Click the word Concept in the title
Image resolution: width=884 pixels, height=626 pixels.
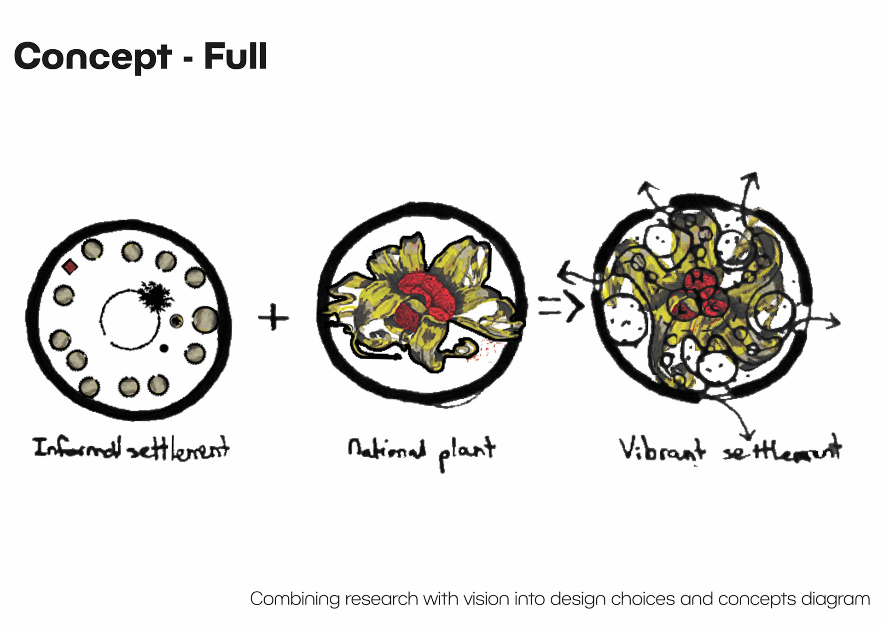(93, 57)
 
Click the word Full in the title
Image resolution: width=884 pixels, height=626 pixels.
(235, 56)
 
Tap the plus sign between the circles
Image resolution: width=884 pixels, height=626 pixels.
(273, 318)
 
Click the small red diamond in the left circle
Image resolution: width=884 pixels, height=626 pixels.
(70, 266)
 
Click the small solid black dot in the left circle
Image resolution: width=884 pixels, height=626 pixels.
(164, 348)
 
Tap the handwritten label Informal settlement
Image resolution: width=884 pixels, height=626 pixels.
(131, 448)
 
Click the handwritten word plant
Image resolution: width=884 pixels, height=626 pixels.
(466, 451)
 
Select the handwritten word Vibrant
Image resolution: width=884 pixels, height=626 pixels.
(661, 449)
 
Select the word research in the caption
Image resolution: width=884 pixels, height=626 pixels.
(382, 599)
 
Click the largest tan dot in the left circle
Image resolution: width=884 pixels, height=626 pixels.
(205, 319)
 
